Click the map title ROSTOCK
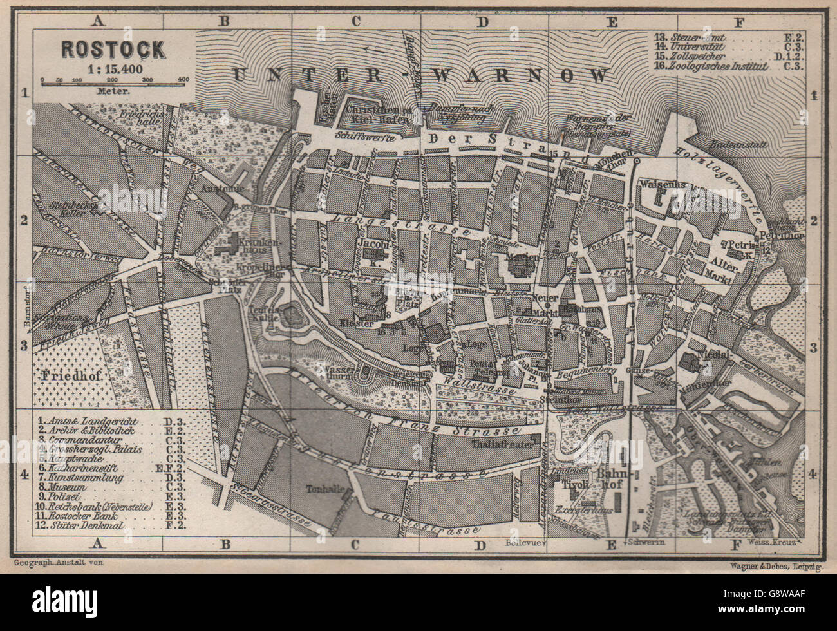[x=113, y=48]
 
